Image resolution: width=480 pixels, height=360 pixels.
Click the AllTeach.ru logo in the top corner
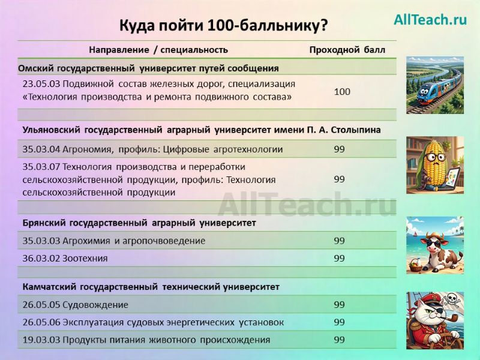click(430, 20)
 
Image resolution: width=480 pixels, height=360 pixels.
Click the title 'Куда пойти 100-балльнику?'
click(224, 25)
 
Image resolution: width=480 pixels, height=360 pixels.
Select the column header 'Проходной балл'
click(347, 50)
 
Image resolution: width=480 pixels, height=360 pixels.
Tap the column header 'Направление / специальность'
click(158, 50)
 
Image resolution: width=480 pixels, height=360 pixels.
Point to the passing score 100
click(342, 92)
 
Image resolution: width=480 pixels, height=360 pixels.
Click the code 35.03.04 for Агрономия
click(41, 149)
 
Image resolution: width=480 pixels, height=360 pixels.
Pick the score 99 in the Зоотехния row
click(340, 259)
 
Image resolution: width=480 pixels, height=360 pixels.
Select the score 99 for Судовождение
click(340, 305)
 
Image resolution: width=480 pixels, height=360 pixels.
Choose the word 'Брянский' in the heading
click(44, 223)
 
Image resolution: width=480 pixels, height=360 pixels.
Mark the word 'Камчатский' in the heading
click(49, 287)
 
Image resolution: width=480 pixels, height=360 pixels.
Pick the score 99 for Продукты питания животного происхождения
click(340, 340)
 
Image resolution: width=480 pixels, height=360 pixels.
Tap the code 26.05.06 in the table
click(41, 323)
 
